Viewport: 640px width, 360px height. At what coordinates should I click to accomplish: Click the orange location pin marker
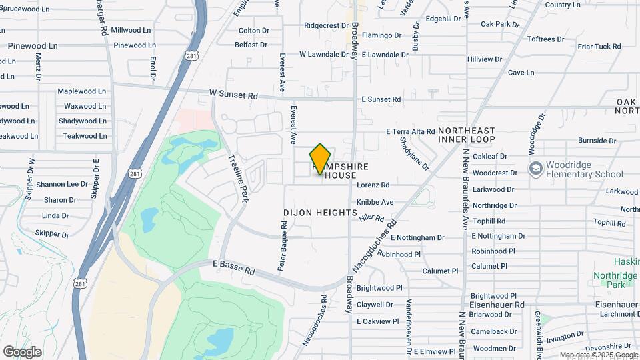(x=321, y=159)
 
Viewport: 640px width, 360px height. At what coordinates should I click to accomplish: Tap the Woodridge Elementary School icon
(x=535, y=167)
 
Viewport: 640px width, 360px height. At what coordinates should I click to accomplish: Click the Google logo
(x=23, y=351)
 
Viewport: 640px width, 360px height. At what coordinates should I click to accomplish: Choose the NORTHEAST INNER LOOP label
(x=467, y=135)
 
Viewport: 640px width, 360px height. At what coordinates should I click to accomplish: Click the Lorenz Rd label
(x=373, y=185)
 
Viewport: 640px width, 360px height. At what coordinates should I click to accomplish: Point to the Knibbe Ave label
(x=375, y=202)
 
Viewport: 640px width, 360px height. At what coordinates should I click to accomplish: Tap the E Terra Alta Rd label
(x=411, y=132)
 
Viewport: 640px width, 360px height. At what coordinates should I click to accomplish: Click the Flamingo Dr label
(x=382, y=35)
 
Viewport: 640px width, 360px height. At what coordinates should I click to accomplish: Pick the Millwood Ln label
(x=131, y=30)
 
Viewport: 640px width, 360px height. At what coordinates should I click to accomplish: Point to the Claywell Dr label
(x=375, y=305)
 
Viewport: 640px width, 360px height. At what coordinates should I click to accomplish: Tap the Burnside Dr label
(x=597, y=141)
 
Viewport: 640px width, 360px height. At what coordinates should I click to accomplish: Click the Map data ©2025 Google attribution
(x=598, y=355)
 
